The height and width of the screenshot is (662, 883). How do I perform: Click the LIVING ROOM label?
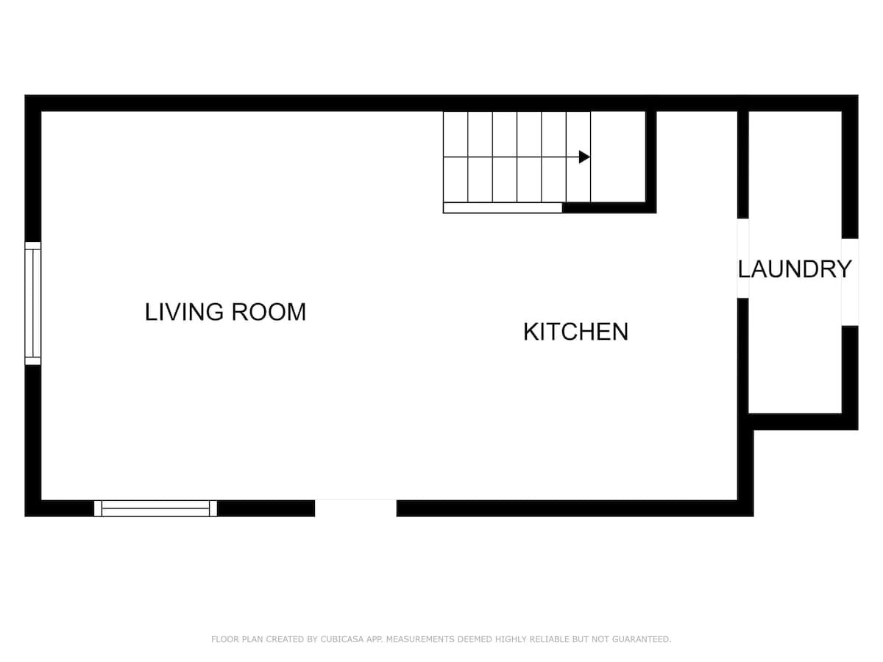[225, 312]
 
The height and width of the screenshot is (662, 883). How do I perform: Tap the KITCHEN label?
[575, 332]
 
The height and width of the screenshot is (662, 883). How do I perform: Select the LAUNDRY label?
[795, 269]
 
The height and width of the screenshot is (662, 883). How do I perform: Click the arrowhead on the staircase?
[584, 157]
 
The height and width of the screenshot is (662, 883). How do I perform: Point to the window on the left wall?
[33, 304]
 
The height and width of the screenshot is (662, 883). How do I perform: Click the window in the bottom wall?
[155, 508]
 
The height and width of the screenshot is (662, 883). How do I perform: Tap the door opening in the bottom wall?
[355, 508]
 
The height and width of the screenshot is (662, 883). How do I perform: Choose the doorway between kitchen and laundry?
[743, 258]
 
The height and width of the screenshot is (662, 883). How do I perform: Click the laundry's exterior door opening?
[850, 282]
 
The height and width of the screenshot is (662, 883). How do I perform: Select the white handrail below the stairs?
[503, 208]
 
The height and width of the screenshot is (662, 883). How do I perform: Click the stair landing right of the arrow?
[618, 157]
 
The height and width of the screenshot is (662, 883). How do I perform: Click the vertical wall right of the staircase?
[651, 162]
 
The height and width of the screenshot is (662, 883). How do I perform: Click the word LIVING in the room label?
[184, 312]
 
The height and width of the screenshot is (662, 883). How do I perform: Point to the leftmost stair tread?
[455, 157]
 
